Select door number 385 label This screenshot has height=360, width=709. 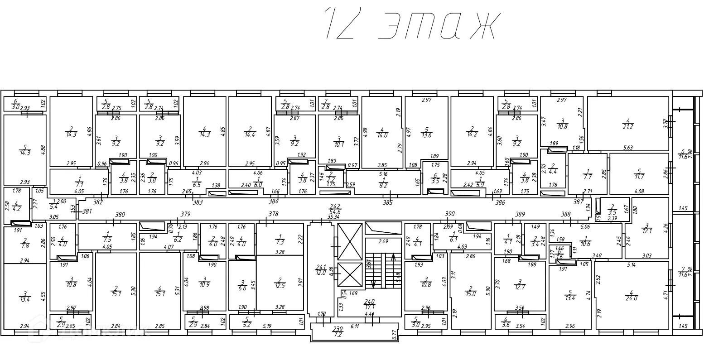(387, 203)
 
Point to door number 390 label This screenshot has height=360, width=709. (450, 213)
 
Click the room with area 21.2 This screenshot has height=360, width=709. (628, 124)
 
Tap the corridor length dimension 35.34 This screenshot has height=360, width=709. (334, 217)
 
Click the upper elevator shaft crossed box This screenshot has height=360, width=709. (350, 241)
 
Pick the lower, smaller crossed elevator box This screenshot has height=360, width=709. (350, 276)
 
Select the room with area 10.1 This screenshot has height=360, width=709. (339, 142)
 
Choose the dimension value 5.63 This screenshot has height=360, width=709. (628, 147)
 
